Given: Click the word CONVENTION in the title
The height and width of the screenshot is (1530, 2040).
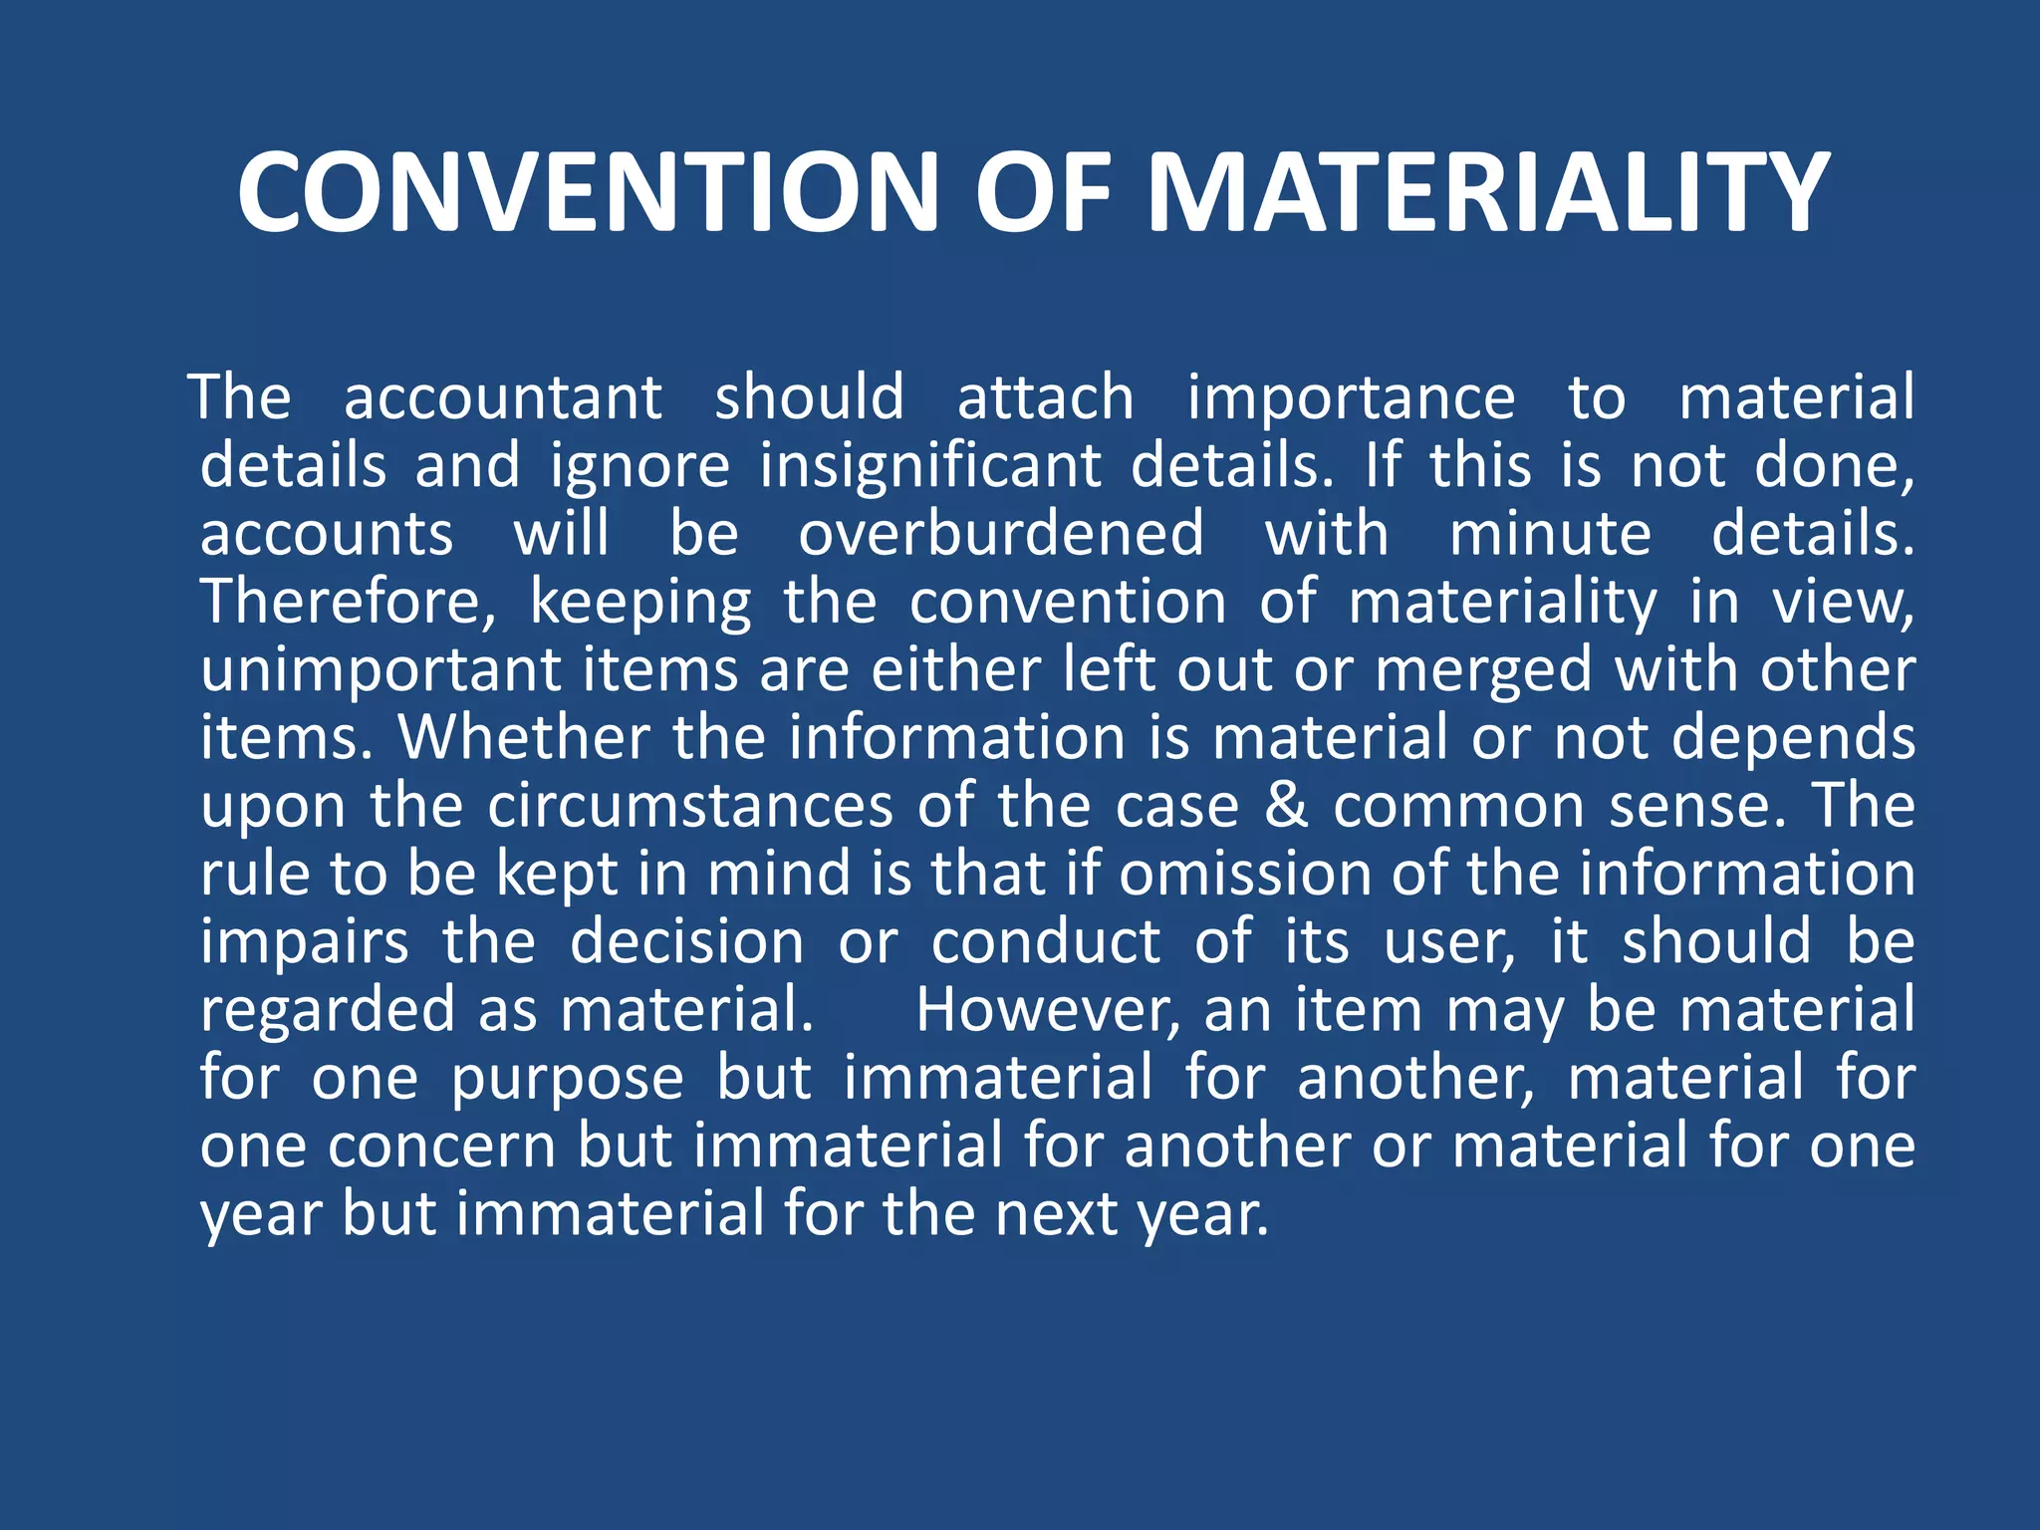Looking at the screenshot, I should click(x=588, y=193).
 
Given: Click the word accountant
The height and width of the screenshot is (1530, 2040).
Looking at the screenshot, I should click(x=502, y=398).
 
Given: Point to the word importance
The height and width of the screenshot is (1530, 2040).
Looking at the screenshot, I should click(x=1351, y=398).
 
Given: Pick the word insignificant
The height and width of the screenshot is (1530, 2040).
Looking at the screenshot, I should click(x=930, y=466).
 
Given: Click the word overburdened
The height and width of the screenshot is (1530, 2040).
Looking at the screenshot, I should click(x=1001, y=534).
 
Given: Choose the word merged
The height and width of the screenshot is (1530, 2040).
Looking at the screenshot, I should click(x=1483, y=671).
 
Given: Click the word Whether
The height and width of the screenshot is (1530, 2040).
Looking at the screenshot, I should click(x=524, y=738).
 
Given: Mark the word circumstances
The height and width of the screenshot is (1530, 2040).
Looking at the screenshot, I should click(x=690, y=806).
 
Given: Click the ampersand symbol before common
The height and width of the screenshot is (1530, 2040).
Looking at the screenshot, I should click(x=1286, y=806).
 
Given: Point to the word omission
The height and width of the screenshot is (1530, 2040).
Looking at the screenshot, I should click(x=1244, y=875).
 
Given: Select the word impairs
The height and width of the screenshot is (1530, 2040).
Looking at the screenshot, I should click(x=304, y=942).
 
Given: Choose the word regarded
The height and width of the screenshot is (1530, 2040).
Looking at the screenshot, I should click(x=328, y=1010).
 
